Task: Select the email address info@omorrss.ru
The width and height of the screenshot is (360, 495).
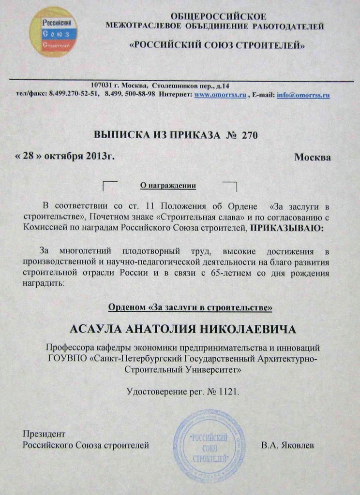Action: [303, 95]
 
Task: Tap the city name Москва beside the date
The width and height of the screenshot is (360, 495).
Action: [313, 158]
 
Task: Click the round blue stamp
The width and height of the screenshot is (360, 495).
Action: [210, 445]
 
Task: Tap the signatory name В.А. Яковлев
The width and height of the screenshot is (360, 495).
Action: [287, 445]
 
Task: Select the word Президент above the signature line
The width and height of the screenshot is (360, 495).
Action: [44, 435]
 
